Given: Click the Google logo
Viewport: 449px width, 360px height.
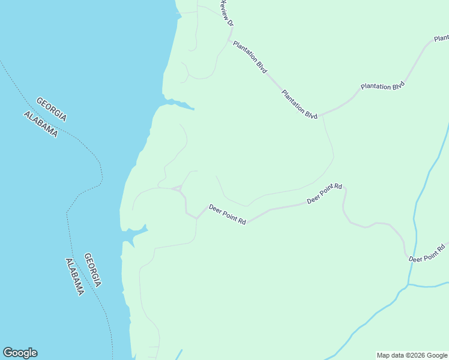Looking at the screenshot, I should pyautogui.click(x=20, y=353).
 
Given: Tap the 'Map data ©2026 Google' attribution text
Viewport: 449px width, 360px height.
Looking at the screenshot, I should pyautogui.click(x=412, y=355).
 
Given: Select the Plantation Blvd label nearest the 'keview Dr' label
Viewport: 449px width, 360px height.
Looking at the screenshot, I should pyautogui.click(x=250, y=57).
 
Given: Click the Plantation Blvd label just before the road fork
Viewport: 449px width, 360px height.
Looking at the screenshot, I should pyautogui.click(x=300, y=104).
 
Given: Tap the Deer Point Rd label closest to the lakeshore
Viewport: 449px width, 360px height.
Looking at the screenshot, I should pyautogui.click(x=228, y=214).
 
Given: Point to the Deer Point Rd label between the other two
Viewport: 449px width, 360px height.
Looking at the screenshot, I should pyautogui.click(x=324, y=194).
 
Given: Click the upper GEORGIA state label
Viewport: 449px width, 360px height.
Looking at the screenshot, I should pyautogui.click(x=51, y=109).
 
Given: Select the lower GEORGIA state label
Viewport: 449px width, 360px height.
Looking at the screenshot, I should pyautogui.click(x=92, y=270).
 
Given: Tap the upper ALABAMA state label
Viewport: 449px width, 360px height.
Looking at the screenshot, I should pyautogui.click(x=41, y=124).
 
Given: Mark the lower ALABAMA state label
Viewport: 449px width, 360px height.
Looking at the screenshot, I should pyautogui.click(x=74, y=277).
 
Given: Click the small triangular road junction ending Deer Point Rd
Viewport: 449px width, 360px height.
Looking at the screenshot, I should pyautogui.click(x=178, y=189).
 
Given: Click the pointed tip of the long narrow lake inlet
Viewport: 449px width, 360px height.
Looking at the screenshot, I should pyautogui.click(x=193, y=109).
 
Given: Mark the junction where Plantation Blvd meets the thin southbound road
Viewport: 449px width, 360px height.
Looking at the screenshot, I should pyautogui.click(x=323, y=115).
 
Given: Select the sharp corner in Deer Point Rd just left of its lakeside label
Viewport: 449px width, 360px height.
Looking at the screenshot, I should pyautogui.click(x=196, y=218).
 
